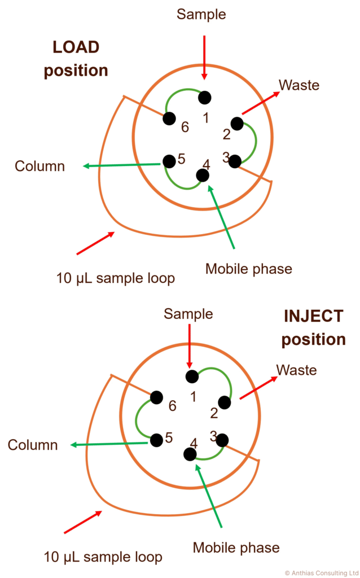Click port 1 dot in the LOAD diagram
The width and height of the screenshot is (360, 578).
click(204, 98)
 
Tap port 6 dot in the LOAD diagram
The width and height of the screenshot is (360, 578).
click(169, 119)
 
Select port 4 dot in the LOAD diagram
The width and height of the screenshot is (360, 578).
click(203, 176)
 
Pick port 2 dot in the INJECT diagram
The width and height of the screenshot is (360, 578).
click(225, 402)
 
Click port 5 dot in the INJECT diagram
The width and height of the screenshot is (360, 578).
click(157, 440)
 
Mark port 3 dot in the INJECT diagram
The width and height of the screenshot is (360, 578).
click(222, 440)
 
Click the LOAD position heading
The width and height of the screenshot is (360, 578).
click(76, 59)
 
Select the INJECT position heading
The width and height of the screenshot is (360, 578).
click(314, 328)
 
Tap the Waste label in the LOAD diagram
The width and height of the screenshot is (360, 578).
click(299, 85)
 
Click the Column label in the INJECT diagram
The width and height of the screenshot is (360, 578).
click(33, 445)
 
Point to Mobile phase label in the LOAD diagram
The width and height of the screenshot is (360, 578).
click(249, 269)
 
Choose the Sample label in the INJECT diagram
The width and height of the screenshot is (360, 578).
click(188, 314)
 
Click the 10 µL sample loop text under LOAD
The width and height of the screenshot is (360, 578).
click(115, 278)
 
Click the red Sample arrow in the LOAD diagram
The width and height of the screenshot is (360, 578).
click(204, 58)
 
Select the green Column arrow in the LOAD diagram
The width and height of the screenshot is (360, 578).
click(123, 165)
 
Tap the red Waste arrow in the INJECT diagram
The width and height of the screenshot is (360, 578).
click(258, 387)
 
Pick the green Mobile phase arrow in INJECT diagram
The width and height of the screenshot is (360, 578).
click(209, 495)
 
